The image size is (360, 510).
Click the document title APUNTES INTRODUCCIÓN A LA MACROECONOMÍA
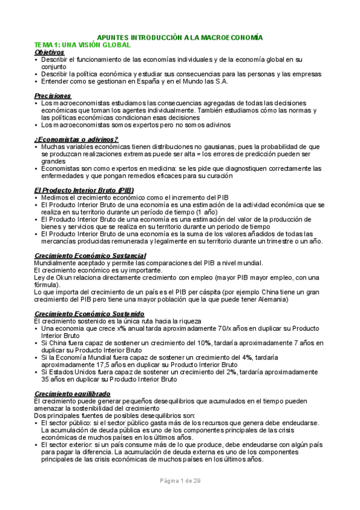click(180, 37)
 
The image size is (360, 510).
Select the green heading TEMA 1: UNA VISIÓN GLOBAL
click(82, 45)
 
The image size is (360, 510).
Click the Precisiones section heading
click(52, 96)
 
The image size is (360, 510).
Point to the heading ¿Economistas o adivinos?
click(76, 140)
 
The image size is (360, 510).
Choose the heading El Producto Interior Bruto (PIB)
click(84, 191)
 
